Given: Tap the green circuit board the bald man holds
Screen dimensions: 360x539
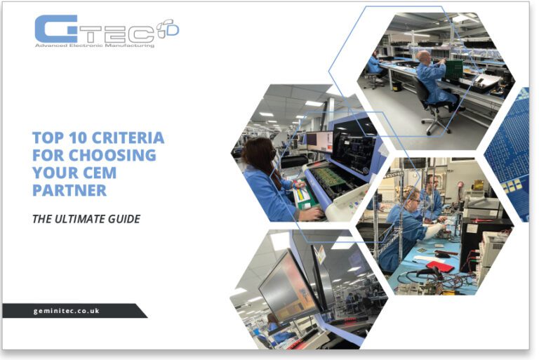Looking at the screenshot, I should coord(453,69).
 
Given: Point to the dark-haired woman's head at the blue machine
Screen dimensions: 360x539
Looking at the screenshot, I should coord(258,151).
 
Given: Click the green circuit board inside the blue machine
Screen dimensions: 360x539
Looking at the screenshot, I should coord(330,176).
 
